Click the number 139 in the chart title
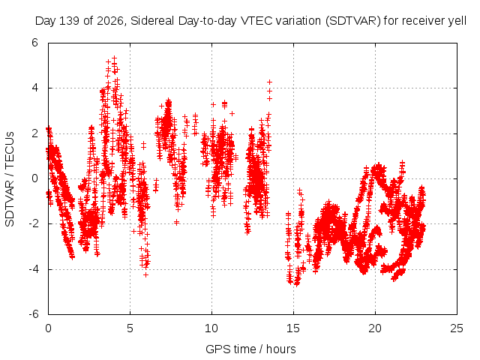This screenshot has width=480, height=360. coord(69,21)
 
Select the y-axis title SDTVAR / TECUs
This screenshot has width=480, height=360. coord(10,179)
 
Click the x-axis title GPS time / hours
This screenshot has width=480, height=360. coord(250,349)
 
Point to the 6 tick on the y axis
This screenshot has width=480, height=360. coord(35,43)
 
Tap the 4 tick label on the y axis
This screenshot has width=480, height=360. coord(35,88)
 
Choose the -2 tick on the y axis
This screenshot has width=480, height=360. coord(33,223)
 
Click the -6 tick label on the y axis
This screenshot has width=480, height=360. coord(33,314)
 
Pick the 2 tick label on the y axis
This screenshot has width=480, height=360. coord(35,133)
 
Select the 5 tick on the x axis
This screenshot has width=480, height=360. coord(130,328)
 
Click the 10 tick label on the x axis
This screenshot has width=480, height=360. coord(211,328)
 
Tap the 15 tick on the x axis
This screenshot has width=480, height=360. coord(293,328)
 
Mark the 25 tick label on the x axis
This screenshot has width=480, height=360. coord(457,328)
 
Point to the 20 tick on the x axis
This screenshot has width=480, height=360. coord(375,328)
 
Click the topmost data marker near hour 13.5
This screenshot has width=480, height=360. coord(269,82)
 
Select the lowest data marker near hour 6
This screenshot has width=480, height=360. coord(146,275)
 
